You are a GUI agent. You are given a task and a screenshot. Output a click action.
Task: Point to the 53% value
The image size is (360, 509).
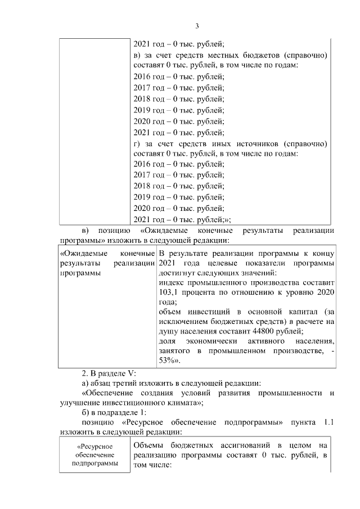[x=169, y=361]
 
